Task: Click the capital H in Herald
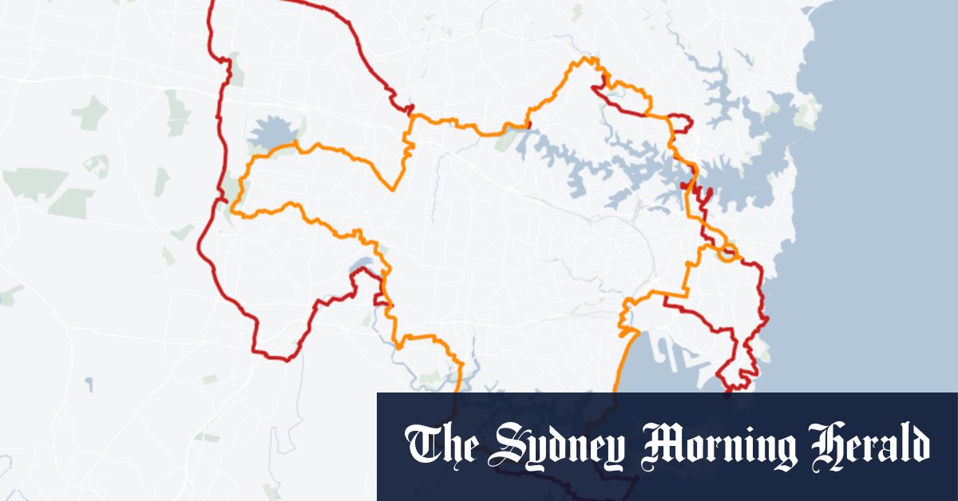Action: coord(826,445)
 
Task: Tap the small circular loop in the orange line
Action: coord(726,255)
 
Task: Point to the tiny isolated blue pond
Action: coord(89,385)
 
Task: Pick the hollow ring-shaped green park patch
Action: coord(96,166)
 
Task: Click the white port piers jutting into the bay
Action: coord(679,347)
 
